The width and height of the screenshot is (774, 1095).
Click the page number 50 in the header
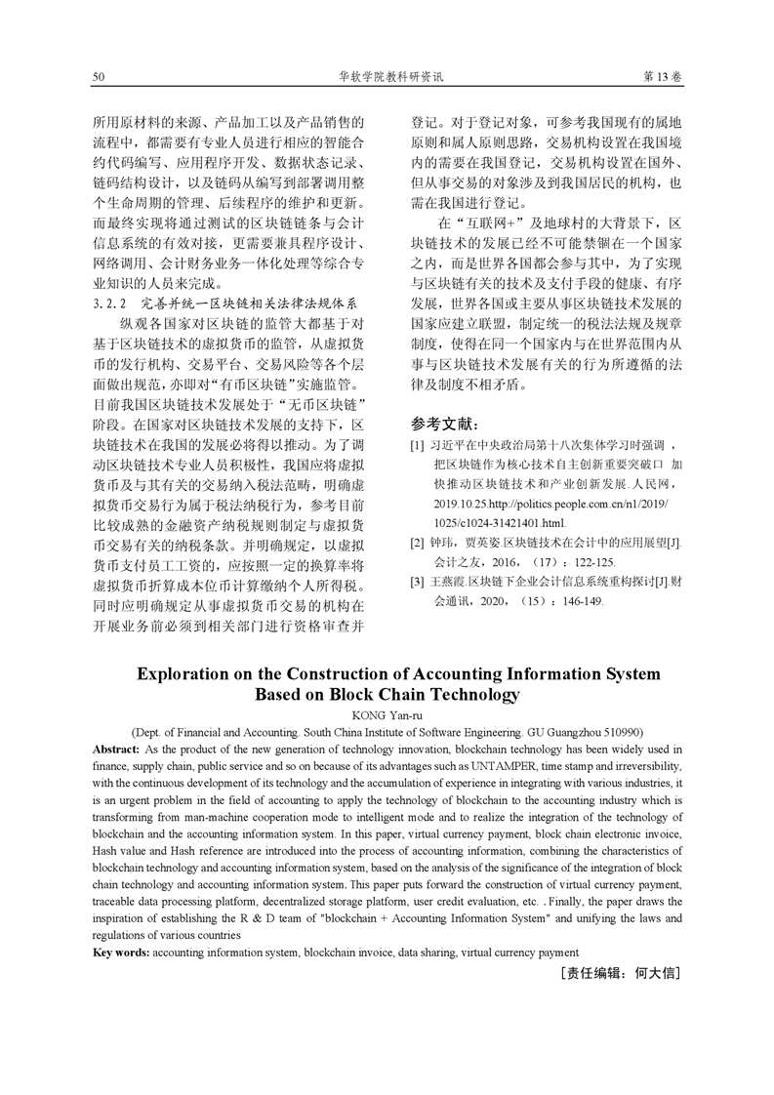click(98, 76)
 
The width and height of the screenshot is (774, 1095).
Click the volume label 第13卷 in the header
click(663, 76)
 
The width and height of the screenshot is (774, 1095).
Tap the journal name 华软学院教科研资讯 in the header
click(389, 76)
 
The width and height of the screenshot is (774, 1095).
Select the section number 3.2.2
click(112, 303)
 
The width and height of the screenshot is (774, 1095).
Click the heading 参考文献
click(445, 424)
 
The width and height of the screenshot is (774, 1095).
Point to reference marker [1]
click(417, 446)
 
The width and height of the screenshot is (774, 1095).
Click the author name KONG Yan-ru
click(387, 715)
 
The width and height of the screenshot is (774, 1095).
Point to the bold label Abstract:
click(116, 748)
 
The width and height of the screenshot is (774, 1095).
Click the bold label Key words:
click(121, 953)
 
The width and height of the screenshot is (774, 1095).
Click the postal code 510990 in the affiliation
click(621, 732)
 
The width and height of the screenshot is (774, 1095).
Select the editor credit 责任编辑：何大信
click(620, 974)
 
